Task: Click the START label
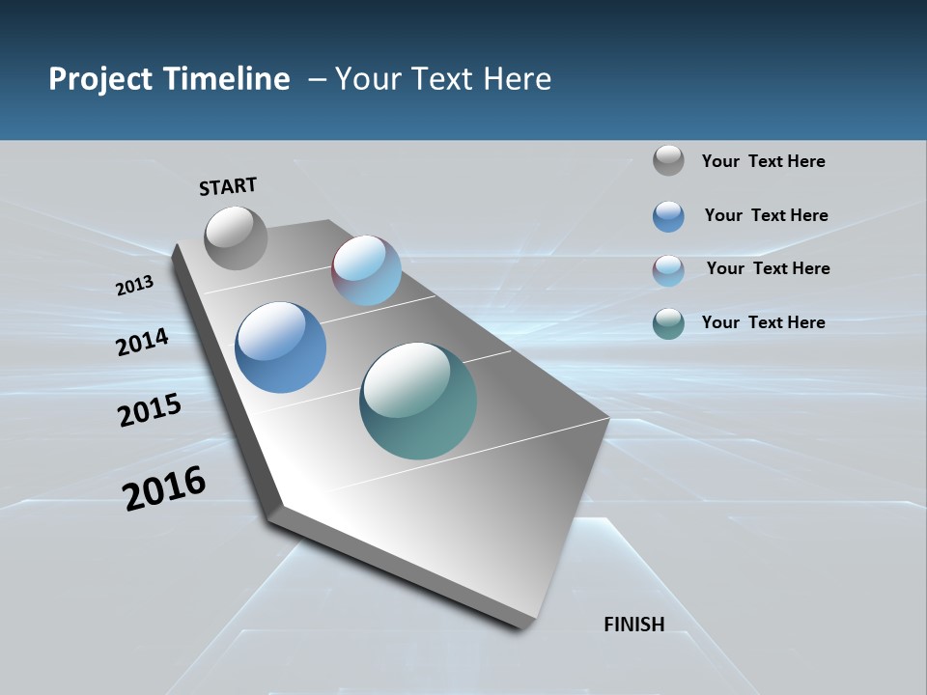click(x=228, y=186)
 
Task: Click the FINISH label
click(x=634, y=625)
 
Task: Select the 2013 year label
click(x=134, y=286)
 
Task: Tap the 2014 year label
click(x=142, y=342)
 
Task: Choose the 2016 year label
click(x=164, y=488)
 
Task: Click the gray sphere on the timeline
click(x=236, y=237)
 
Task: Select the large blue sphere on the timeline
click(x=280, y=347)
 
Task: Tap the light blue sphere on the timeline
click(x=366, y=270)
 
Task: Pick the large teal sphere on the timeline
click(x=418, y=401)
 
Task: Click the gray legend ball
click(x=668, y=161)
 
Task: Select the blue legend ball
click(x=668, y=216)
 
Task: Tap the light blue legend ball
click(x=668, y=270)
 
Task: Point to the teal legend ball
click(x=668, y=323)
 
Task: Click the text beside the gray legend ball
click(x=763, y=162)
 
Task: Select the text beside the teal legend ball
click(x=763, y=322)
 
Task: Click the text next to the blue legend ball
click(x=766, y=215)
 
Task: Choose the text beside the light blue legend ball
click(x=768, y=268)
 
